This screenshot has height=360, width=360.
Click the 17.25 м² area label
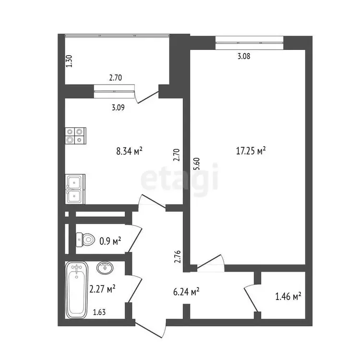[x=251, y=151]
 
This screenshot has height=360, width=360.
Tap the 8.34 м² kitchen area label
[x=129, y=151]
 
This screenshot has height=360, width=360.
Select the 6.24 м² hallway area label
[x=186, y=292]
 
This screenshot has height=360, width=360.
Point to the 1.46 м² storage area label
[x=288, y=296]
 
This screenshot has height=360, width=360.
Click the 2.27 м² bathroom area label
[x=102, y=289]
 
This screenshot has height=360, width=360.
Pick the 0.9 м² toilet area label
[x=110, y=241]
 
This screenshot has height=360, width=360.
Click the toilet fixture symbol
[x=85, y=240]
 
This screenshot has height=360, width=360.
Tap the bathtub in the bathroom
[x=76, y=290]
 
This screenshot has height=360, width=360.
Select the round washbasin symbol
[x=105, y=268]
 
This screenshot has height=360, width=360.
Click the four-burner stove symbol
[x=75, y=136]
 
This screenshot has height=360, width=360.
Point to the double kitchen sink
[x=75, y=189]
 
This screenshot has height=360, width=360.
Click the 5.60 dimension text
[x=197, y=164]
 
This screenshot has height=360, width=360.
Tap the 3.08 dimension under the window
[x=244, y=56]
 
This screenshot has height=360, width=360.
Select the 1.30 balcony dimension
[x=69, y=61]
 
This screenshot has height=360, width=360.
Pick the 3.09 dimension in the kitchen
[x=118, y=108]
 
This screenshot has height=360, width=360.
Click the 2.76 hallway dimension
[x=178, y=256]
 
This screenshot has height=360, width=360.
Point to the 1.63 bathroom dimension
[x=99, y=312]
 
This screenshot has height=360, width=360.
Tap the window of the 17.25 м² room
[x=249, y=43]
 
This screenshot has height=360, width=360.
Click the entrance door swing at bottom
[x=150, y=329]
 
